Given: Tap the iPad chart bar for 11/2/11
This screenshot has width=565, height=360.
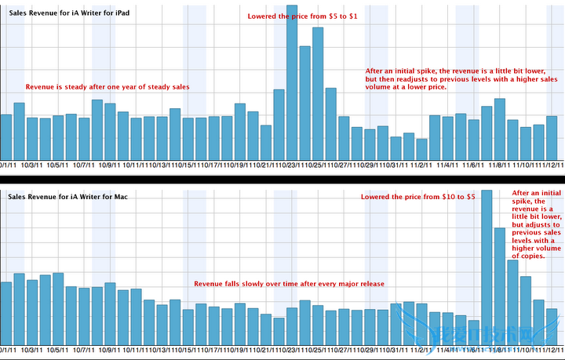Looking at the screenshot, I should pos(422,149).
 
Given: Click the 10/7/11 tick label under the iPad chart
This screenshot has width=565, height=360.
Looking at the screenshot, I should pos(83,165).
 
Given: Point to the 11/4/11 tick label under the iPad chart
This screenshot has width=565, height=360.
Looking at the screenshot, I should pos(448,165).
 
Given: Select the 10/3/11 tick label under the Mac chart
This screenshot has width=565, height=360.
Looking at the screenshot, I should pos(32,350).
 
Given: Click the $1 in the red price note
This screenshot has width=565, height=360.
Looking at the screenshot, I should pos(354,16).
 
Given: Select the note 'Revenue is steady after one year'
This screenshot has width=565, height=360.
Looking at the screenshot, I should pos(108,86).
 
